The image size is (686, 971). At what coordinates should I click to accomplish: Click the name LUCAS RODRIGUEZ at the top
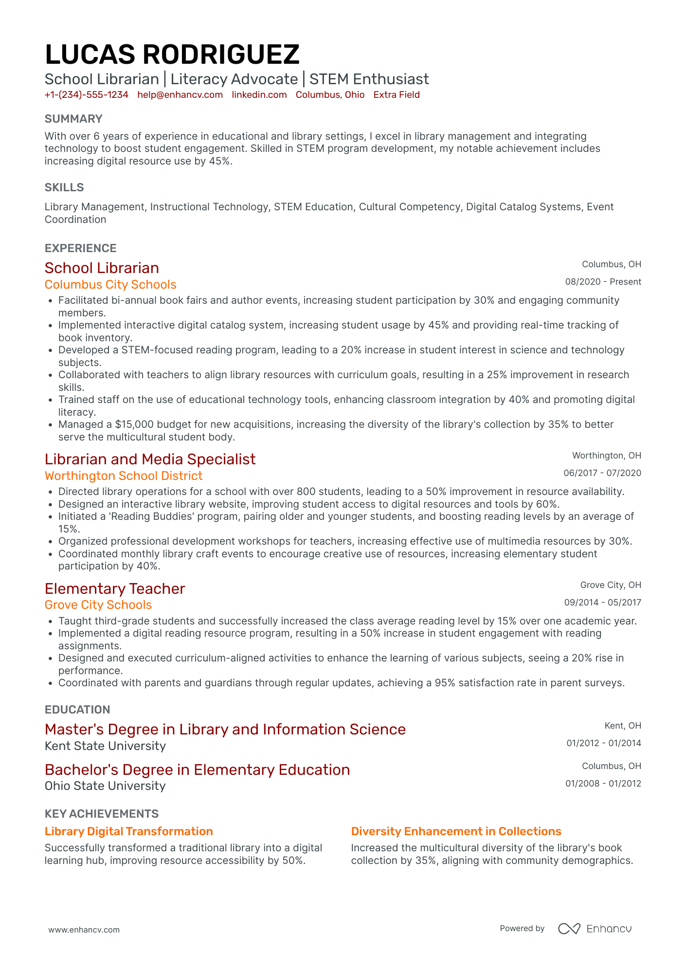click(x=172, y=54)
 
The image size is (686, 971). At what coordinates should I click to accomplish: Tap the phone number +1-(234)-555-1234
click(x=87, y=95)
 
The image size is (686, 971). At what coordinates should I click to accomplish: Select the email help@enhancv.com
click(x=180, y=95)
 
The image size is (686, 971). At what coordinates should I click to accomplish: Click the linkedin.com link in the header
click(x=259, y=95)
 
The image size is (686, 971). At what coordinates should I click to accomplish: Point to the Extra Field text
click(x=397, y=95)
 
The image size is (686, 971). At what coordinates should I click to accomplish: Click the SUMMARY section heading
click(x=73, y=119)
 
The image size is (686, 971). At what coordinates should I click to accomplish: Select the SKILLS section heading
click(x=64, y=187)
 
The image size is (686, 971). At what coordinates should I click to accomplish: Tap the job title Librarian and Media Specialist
click(x=150, y=459)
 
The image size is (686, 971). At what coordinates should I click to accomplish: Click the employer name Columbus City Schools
click(x=110, y=285)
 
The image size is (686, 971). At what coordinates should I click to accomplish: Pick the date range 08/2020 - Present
click(x=603, y=282)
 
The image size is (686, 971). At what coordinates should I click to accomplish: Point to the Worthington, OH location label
click(x=606, y=456)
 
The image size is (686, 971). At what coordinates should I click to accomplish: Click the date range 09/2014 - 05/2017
click(x=602, y=603)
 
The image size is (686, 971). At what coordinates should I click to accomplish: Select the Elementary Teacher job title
click(x=115, y=589)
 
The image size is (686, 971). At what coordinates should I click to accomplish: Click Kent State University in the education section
click(x=105, y=746)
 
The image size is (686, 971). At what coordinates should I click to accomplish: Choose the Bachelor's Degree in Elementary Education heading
click(x=197, y=770)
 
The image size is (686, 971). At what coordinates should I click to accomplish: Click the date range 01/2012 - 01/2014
click(x=603, y=743)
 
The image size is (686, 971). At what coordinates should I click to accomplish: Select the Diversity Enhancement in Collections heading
click(x=456, y=831)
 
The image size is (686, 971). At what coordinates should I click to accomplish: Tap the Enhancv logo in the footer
click(x=595, y=929)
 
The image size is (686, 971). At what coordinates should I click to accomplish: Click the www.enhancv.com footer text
click(x=84, y=930)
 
